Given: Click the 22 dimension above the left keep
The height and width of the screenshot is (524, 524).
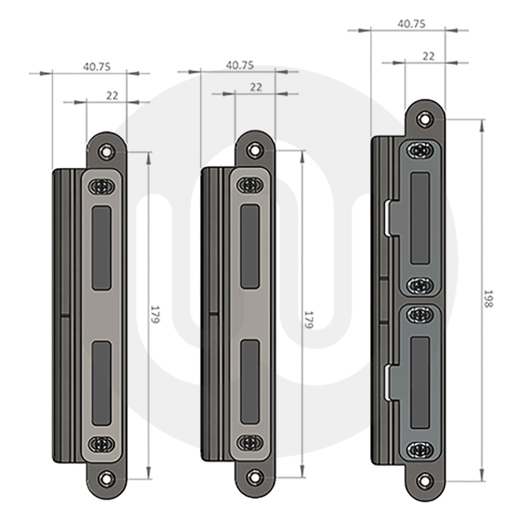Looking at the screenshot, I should (112, 95).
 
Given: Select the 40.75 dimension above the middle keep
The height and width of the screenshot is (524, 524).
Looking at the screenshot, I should (240, 65).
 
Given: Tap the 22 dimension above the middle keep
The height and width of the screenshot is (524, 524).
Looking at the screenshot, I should (256, 88).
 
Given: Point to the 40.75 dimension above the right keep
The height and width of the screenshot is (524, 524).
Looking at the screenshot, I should (411, 24).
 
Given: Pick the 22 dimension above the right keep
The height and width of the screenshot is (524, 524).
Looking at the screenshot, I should (428, 56).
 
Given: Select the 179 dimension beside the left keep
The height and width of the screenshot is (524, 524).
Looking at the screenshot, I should (155, 314).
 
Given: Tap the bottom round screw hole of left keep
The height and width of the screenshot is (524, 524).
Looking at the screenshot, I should (107, 478).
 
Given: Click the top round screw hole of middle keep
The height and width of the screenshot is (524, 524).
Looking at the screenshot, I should (255, 149).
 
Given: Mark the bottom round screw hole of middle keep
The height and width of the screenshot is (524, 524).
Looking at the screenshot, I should (255, 476).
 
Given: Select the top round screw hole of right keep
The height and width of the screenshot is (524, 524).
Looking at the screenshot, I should (424, 118).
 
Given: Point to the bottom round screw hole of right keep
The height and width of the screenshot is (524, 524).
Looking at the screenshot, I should (424, 479).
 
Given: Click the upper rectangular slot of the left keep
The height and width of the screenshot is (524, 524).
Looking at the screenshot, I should (102, 248).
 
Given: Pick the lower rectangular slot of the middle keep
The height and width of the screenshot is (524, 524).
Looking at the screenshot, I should (250, 381).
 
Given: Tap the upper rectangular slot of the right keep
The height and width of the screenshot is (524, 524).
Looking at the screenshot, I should (420, 218).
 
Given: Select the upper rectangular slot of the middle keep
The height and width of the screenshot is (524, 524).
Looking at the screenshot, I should (250, 246).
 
